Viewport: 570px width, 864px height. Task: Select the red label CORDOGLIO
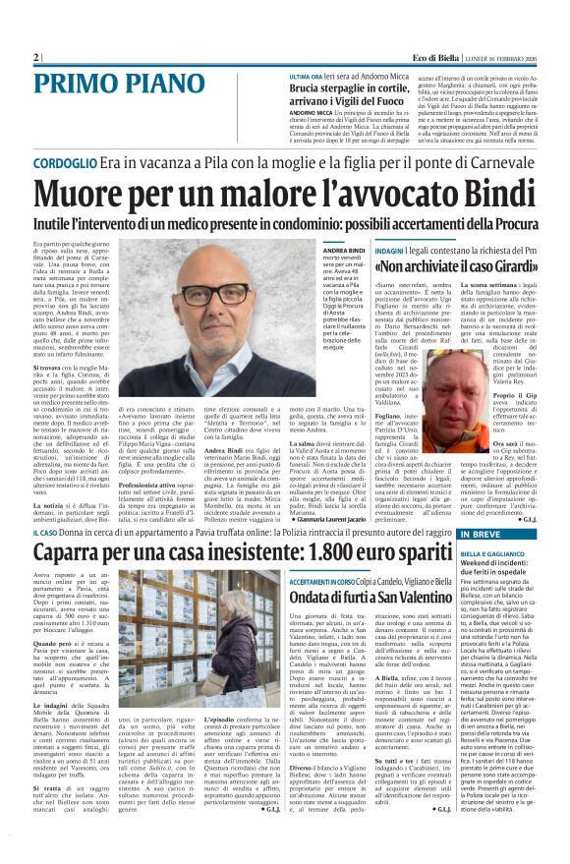pyautogui.click(x=64, y=163)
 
